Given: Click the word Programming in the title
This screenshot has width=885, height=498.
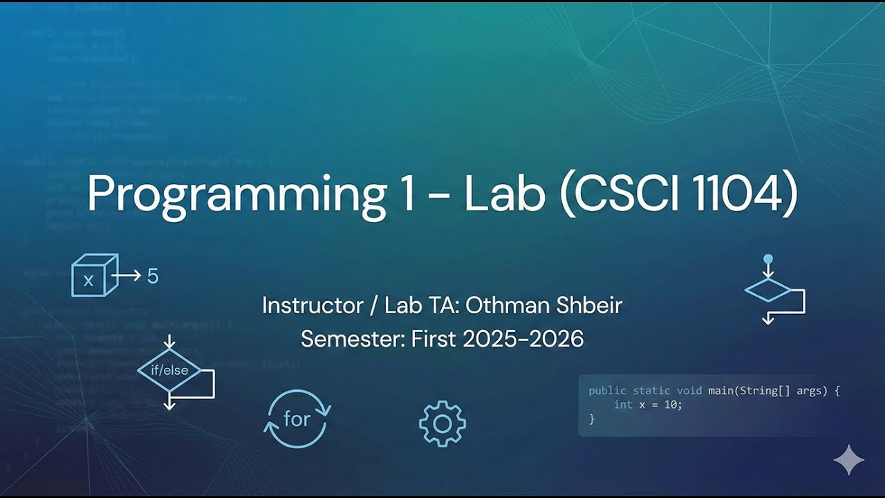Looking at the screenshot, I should (x=236, y=194).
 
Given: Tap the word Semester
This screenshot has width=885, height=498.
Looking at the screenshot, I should (x=352, y=339).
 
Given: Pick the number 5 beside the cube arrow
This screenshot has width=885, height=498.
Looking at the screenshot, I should (x=153, y=276).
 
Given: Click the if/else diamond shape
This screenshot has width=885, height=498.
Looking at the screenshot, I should (x=169, y=371).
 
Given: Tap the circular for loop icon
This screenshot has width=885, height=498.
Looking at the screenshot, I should (x=297, y=419).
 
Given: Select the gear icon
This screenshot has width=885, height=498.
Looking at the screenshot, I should (x=442, y=423).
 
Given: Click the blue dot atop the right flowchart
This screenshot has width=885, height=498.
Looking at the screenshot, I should (x=767, y=259).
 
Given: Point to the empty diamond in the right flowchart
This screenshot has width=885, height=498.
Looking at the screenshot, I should (x=767, y=290).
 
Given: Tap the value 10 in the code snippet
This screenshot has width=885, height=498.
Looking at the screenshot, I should (x=671, y=405).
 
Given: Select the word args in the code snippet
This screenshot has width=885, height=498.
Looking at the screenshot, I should (x=812, y=391).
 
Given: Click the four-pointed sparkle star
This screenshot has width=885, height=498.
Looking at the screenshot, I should (x=848, y=460).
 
